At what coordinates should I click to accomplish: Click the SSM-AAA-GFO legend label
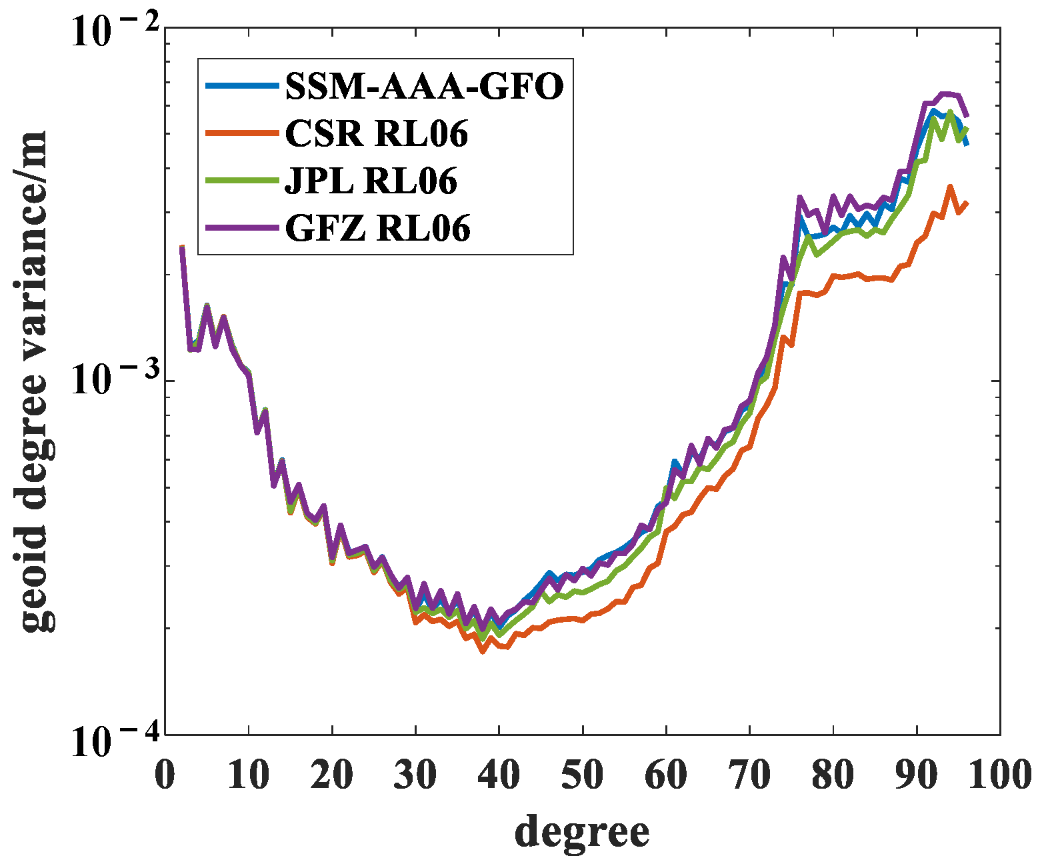click(424, 86)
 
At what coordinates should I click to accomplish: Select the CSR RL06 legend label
click(376, 133)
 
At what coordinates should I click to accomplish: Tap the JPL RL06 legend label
click(371, 181)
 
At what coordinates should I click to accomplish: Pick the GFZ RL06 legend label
click(377, 228)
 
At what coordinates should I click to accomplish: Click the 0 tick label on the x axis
click(165, 775)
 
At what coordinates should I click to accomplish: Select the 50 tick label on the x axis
click(582, 775)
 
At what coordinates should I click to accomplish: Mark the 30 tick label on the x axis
click(415, 775)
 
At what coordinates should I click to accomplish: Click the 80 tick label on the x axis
click(833, 775)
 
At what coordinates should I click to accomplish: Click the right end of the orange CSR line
click(967, 203)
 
